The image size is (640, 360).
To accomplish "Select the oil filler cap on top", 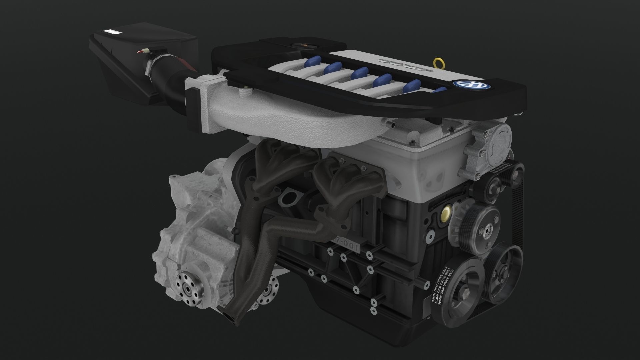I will pyautogui.click(x=302, y=45).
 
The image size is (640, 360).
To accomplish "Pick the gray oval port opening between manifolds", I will pyautogui.click(x=289, y=199).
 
